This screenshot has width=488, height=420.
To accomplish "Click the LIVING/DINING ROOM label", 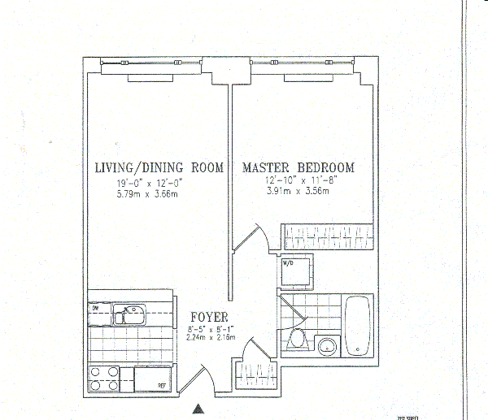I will (159, 168).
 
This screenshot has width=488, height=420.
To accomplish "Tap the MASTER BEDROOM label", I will (298, 168).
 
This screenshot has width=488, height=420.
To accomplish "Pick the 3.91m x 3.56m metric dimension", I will (297, 193).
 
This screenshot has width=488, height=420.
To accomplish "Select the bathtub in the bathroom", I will (358, 327).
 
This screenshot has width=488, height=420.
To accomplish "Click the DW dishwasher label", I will (94, 307).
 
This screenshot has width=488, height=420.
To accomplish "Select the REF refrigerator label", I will (162, 387).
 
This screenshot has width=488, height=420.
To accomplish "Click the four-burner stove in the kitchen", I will (104, 380).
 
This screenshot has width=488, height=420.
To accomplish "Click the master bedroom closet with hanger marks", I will (327, 238).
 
